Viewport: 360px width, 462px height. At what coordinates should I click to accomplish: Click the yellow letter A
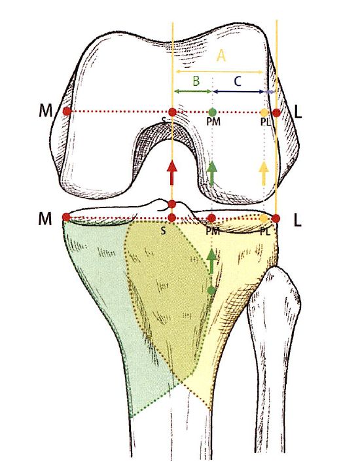[221, 56]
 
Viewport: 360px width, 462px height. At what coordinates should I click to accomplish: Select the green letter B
[196, 80]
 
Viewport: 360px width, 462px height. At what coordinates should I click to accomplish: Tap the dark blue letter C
[238, 81]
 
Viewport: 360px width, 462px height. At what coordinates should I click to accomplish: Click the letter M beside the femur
[45, 111]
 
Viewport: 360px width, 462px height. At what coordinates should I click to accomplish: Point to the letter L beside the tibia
[298, 221]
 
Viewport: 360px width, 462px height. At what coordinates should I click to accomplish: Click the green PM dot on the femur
[213, 112]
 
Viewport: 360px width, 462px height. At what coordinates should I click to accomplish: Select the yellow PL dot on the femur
[264, 113]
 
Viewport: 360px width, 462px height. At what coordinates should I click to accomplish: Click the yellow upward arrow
[264, 173]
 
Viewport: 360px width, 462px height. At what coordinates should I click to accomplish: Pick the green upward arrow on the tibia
[211, 261]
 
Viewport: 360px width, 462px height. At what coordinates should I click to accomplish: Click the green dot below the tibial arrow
[211, 291]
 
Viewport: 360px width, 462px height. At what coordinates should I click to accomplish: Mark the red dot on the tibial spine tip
[171, 204]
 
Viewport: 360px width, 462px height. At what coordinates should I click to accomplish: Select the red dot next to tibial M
[66, 217]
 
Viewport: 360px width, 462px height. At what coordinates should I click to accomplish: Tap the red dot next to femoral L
[276, 113]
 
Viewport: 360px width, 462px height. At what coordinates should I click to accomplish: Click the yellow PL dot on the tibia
[264, 219]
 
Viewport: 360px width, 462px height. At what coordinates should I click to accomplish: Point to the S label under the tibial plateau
[163, 230]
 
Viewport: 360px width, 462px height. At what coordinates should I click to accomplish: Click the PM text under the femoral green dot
[213, 122]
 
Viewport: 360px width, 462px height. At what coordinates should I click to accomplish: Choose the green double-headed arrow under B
[193, 92]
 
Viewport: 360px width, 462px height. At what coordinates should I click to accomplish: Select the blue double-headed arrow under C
[238, 92]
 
